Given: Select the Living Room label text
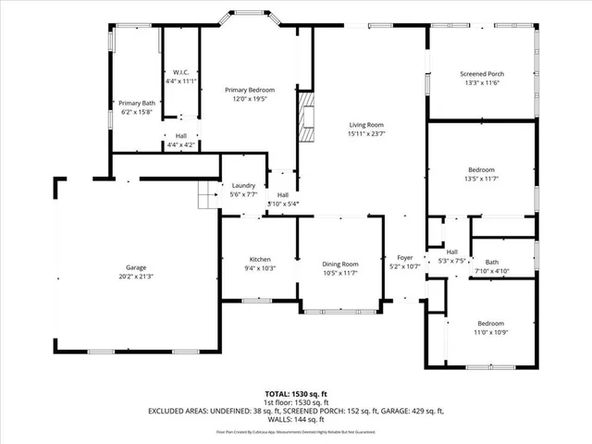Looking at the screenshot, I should click(x=366, y=125).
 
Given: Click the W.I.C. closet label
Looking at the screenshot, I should click(x=181, y=72).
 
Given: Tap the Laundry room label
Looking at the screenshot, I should click(x=243, y=185).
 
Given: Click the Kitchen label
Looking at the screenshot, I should click(x=260, y=259).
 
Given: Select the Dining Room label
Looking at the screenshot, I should click(x=339, y=263).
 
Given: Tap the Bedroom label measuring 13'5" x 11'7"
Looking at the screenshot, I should click(x=480, y=169).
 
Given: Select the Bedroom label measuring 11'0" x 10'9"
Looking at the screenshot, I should click(x=490, y=323).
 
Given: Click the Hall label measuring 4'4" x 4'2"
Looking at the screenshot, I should click(x=180, y=136).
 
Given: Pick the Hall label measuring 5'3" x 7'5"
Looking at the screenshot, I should click(x=452, y=252).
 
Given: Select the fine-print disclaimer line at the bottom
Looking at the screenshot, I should click(x=296, y=431).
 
